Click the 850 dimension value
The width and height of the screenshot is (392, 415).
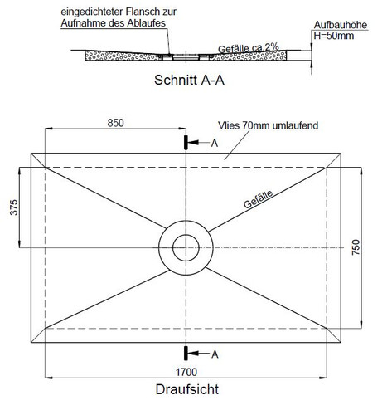tap(115, 123)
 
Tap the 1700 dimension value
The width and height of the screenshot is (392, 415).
tap(186, 372)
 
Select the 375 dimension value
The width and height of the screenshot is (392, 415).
tap(14, 207)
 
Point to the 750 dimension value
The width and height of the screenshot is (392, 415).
tap(356, 247)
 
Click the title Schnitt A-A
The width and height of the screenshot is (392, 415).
tap(189, 81)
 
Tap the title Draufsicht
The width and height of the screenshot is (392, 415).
tap(187, 389)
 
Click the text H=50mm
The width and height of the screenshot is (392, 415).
tap(334, 36)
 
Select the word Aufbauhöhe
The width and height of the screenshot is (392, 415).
tap(341, 25)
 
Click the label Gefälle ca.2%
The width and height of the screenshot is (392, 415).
tap(249, 48)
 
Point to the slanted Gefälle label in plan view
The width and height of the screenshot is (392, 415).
tap(258, 199)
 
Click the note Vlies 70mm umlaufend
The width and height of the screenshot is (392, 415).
tap(268, 125)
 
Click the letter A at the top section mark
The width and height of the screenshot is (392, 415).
tap(215, 144)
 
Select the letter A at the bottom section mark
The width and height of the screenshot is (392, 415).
tap(215, 354)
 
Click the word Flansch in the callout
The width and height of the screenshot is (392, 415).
tap(143, 12)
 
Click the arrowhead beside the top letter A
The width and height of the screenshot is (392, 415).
tap(193, 143)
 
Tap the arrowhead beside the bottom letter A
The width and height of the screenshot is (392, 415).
tap(193, 354)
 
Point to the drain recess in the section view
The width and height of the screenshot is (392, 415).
tap(186, 57)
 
